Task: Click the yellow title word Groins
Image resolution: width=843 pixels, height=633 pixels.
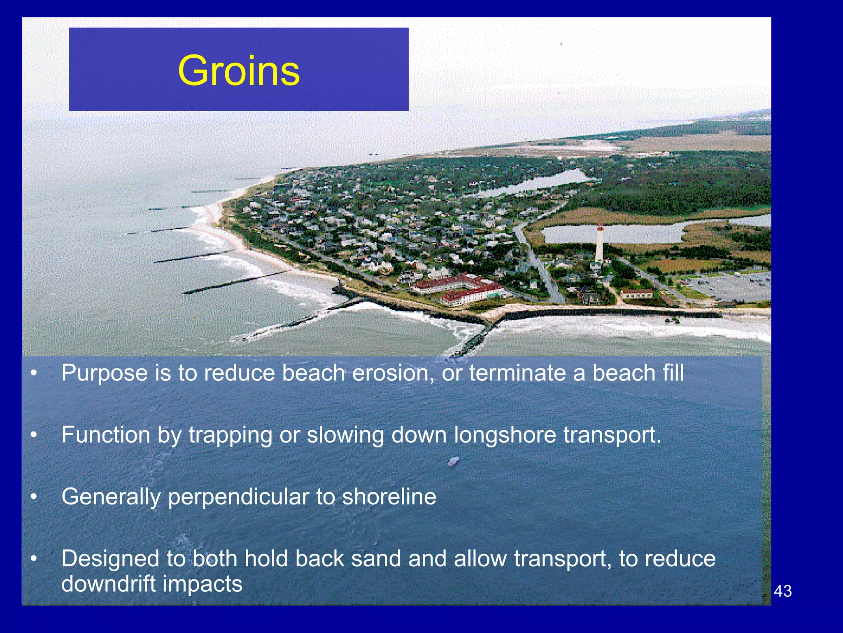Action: pyautogui.click(x=239, y=71)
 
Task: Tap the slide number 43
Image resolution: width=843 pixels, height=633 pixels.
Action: pyautogui.click(x=782, y=591)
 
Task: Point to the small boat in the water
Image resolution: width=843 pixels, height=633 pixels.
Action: pyautogui.click(x=453, y=461)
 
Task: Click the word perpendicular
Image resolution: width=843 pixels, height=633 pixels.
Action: pyautogui.click(x=238, y=497)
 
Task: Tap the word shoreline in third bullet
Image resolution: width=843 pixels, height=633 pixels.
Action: pyautogui.click(x=389, y=496)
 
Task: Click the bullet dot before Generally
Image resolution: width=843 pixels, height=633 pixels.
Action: pyautogui.click(x=34, y=497)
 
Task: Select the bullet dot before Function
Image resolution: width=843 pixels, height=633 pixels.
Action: pyautogui.click(x=34, y=435)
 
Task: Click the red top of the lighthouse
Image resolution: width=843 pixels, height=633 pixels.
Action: pyautogui.click(x=601, y=227)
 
